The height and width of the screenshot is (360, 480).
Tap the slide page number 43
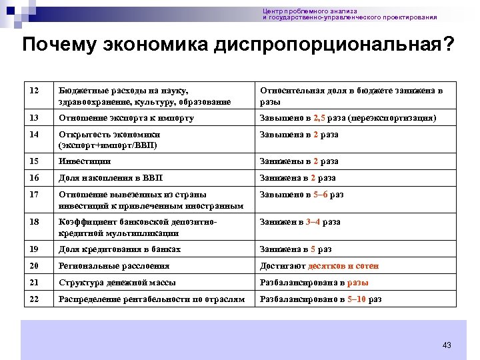pos(447,345)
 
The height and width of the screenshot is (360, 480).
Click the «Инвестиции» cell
pos(85,161)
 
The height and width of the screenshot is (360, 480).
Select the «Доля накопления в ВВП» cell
pos(111,178)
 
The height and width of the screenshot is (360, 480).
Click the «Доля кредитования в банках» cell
pos(120,249)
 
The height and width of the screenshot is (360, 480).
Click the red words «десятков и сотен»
pos(343,266)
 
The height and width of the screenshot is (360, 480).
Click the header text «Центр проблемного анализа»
pos(310,11)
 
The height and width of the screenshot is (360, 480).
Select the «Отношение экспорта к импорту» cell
pos(126,118)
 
